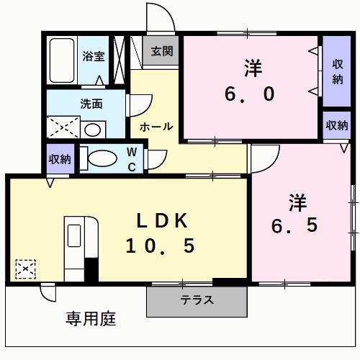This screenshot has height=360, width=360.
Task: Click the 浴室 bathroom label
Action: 94,56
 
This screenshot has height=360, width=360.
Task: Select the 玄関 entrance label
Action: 162,51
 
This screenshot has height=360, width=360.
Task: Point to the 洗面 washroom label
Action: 91,103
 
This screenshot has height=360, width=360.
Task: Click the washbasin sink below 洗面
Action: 92,130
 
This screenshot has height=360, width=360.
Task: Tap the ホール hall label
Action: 156,127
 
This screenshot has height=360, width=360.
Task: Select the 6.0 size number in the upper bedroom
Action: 251,94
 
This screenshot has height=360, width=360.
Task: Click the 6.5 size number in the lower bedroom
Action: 294,225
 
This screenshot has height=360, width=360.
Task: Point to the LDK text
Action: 163,220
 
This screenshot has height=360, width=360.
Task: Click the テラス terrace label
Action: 197,300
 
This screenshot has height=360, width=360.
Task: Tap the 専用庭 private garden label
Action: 91,318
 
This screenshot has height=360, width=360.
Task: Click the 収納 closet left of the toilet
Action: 60,159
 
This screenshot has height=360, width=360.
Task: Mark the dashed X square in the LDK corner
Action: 26,269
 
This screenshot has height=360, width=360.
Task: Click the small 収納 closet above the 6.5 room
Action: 336,125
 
